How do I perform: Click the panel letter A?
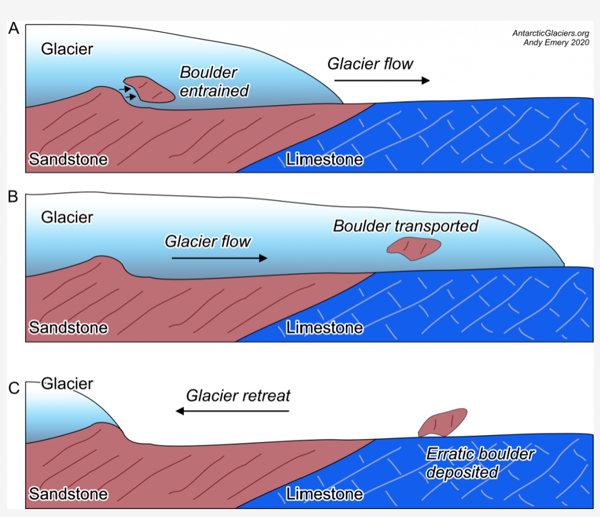[x=14, y=29]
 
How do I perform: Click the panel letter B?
[x=14, y=197]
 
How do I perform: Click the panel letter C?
[x=14, y=389]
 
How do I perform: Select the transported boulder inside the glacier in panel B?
[x=413, y=248]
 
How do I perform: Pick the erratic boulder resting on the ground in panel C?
[x=443, y=423]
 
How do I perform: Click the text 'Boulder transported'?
[x=405, y=225]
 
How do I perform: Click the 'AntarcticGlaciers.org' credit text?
[x=551, y=33]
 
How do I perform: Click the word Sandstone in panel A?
[x=68, y=159]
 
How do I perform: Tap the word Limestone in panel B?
[x=324, y=328]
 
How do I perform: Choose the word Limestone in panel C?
[x=324, y=494]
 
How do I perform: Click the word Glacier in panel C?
[x=67, y=384]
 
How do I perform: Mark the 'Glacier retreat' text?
[x=238, y=395]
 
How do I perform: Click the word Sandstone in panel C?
[x=68, y=494]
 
